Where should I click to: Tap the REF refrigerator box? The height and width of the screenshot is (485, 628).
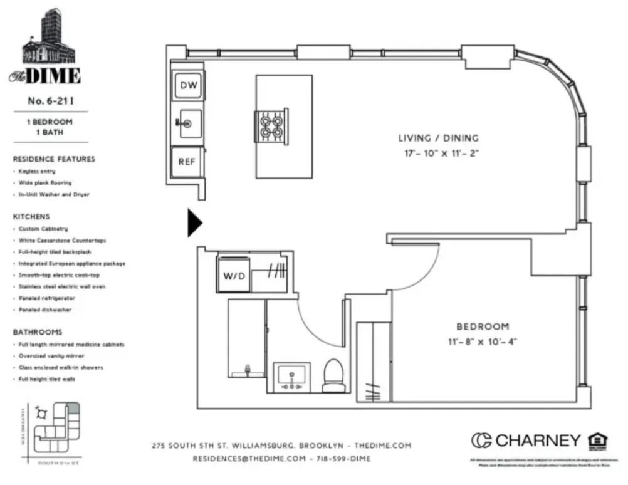[x=187, y=161]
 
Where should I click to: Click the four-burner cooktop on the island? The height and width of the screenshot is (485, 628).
[x=271, y=124]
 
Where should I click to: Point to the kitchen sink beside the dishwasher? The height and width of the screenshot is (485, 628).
[x=189, y=123]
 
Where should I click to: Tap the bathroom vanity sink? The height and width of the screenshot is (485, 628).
[x=291, y=377]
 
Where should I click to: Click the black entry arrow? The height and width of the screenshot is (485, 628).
[x=195, y=223]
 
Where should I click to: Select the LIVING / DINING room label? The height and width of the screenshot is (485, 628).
[x=438, y=138]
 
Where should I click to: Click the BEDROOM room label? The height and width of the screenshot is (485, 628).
[x=482, y=326]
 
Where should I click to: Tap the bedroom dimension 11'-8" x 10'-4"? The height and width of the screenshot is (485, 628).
[x=482, y=342]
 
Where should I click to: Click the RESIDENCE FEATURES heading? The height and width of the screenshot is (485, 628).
[x=54, y=159]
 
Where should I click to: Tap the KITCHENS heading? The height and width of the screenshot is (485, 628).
[x=31, y=216]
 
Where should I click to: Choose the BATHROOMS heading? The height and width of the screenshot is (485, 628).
[x=38, y=332]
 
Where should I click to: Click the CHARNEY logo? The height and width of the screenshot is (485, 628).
[x=526, y=441]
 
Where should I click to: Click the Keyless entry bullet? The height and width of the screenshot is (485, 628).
[x=36, y=171]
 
